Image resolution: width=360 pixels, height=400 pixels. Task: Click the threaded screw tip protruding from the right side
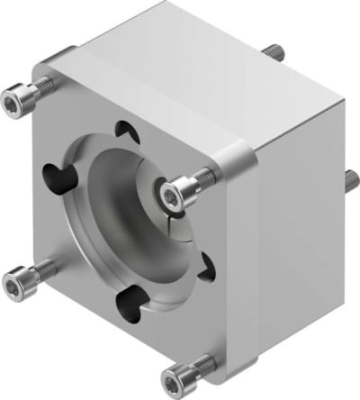click(x=347, y=177)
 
